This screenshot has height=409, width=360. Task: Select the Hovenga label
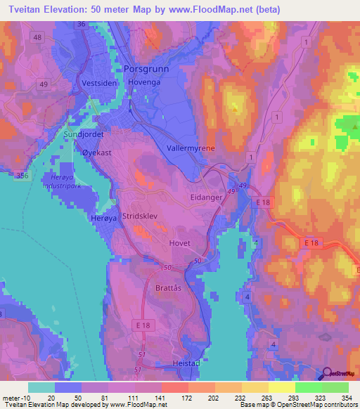coord(145,82)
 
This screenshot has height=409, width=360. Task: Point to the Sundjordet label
coord(84,133)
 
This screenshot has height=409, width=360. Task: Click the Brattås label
coord(168,287)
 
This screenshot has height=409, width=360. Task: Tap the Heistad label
coord(186,363)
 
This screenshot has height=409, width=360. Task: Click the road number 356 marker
coord(22,176)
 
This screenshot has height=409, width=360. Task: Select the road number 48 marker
coord(37,37)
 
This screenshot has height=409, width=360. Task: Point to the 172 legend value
coord(174,398)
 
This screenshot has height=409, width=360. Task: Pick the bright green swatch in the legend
coord(308,387)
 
